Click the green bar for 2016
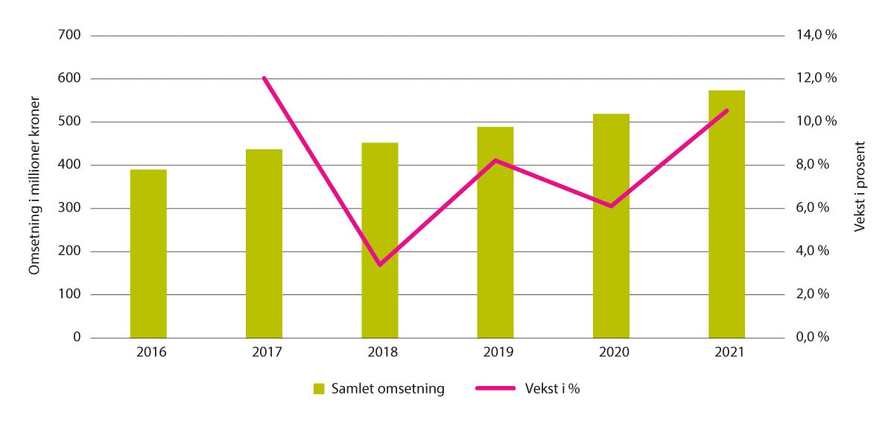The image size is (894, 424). click(x=148, y=253)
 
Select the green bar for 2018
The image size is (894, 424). click(x=380, y=240)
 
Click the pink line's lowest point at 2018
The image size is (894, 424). click(x=380, y=265)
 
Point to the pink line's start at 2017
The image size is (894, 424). click(x=264, y=77)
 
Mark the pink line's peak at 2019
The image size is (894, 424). click(x=495, y=160)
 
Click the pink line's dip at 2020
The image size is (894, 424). click(x=611, y=206)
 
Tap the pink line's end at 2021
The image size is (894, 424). click(x=726, y=110)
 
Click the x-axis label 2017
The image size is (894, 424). click(x=264, y=354)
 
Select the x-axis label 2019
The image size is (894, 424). click(x=495, y=354)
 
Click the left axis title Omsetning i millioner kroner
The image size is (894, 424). click(x=34, y=186)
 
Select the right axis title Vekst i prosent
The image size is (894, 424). click(x=860, y=186)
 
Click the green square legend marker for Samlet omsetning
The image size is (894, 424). click(x=319, y=388)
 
